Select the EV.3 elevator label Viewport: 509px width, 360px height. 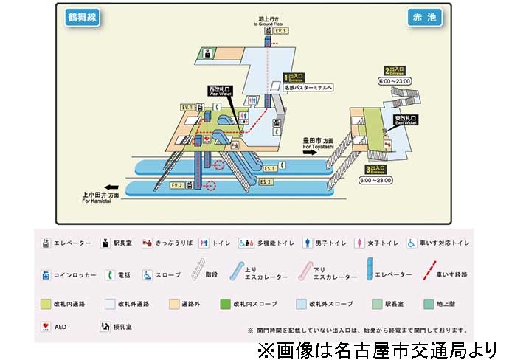[280, 31]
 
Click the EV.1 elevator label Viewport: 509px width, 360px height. [187, 107]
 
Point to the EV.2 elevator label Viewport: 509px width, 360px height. [176, 185]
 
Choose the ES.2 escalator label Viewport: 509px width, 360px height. [266, 181]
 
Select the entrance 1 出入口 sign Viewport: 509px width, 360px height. [294, 76]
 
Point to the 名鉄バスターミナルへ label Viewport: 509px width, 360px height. [309, 87]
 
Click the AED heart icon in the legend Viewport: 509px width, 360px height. [46, 326]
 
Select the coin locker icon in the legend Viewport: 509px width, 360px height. [46, 275]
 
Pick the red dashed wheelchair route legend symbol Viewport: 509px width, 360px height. [427, 274]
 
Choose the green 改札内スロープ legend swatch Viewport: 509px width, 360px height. [226, 303]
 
